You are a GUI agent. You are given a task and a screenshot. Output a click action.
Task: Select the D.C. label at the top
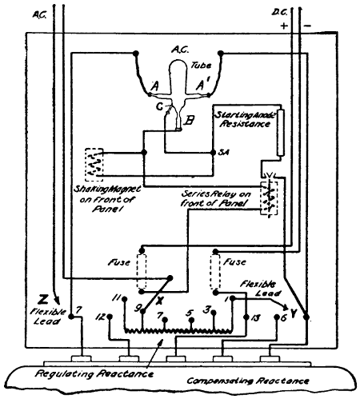point(300,12)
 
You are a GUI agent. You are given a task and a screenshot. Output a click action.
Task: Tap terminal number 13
point(255,318)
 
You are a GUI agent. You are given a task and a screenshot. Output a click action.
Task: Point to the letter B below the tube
point(187,122)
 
